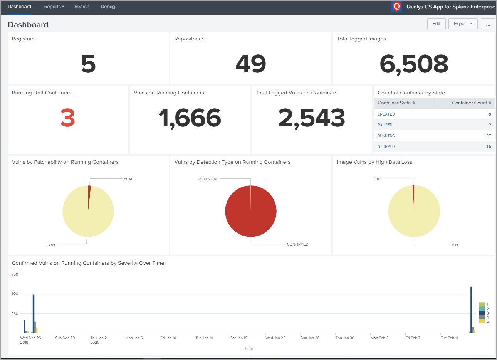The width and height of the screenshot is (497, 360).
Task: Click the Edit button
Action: (436, 24)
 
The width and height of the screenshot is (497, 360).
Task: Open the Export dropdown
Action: (463, 24)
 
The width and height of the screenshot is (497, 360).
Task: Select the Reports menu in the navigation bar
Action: (54, 7)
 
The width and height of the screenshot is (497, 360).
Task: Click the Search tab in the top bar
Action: (82, 7)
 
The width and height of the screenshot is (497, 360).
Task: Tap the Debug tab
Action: (108, 7)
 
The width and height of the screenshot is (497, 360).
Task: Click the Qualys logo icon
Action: (396, 7)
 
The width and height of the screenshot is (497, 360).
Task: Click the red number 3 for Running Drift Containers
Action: (67, 118)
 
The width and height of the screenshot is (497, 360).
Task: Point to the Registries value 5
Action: (88, 64)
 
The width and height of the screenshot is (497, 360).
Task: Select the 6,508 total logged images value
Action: (414, 64)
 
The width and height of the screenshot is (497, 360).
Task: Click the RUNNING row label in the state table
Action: (386, 136)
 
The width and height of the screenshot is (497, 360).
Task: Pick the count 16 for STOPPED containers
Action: (489, 146)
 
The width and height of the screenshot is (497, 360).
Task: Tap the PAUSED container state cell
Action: (385, 125)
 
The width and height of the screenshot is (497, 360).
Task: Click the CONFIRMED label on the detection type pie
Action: (297, 244)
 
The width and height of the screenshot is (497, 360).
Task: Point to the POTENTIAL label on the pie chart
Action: (208, 179)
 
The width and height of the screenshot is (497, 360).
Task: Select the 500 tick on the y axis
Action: (15, 294)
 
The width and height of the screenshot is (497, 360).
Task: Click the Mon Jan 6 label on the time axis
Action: (134, 338)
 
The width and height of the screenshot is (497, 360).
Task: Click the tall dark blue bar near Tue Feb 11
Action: (471, 308)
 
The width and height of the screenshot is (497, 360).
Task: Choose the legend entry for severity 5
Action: (482, 321)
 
